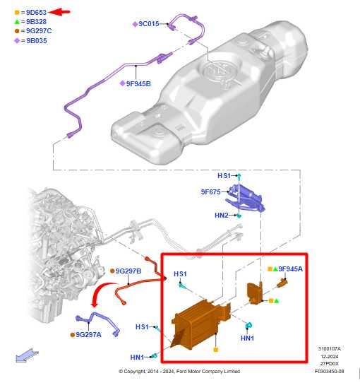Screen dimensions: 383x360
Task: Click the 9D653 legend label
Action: coord(36,12)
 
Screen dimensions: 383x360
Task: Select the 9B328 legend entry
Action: coord(36,21)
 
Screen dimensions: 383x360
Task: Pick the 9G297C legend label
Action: coord(38,30)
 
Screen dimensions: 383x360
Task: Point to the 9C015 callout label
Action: coord(150,24)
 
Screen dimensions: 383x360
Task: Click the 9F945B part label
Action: coord(138,83)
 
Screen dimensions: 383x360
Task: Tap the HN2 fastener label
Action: coord(222,215)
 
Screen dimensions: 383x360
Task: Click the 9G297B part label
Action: coord(128,271)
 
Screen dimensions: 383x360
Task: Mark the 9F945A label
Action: coord(290,269)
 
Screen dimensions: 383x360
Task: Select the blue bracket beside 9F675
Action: coord(248,197)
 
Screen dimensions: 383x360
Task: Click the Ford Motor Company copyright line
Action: coord(179,371)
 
